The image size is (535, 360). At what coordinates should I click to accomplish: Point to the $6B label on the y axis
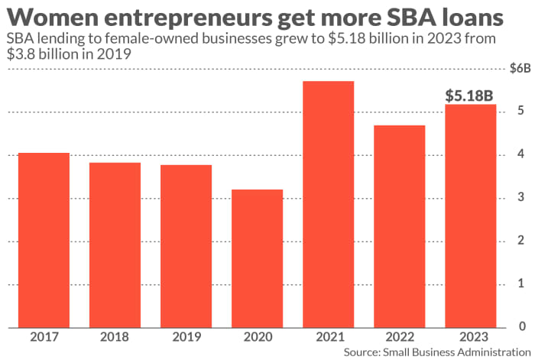click(520, 69)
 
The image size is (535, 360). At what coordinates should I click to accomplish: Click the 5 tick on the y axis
click(520, 112)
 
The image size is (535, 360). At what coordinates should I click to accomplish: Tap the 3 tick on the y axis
click(520, 198)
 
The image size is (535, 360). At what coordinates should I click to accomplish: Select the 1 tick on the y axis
click(520, 284)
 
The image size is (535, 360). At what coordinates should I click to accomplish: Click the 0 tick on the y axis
click(520, 327)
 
